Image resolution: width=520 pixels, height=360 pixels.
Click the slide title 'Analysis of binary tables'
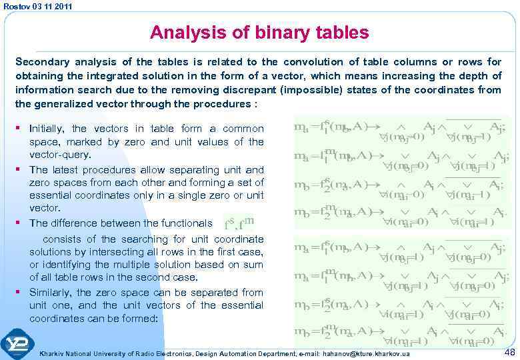259,32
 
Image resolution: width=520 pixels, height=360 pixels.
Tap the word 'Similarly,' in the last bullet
51,293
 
